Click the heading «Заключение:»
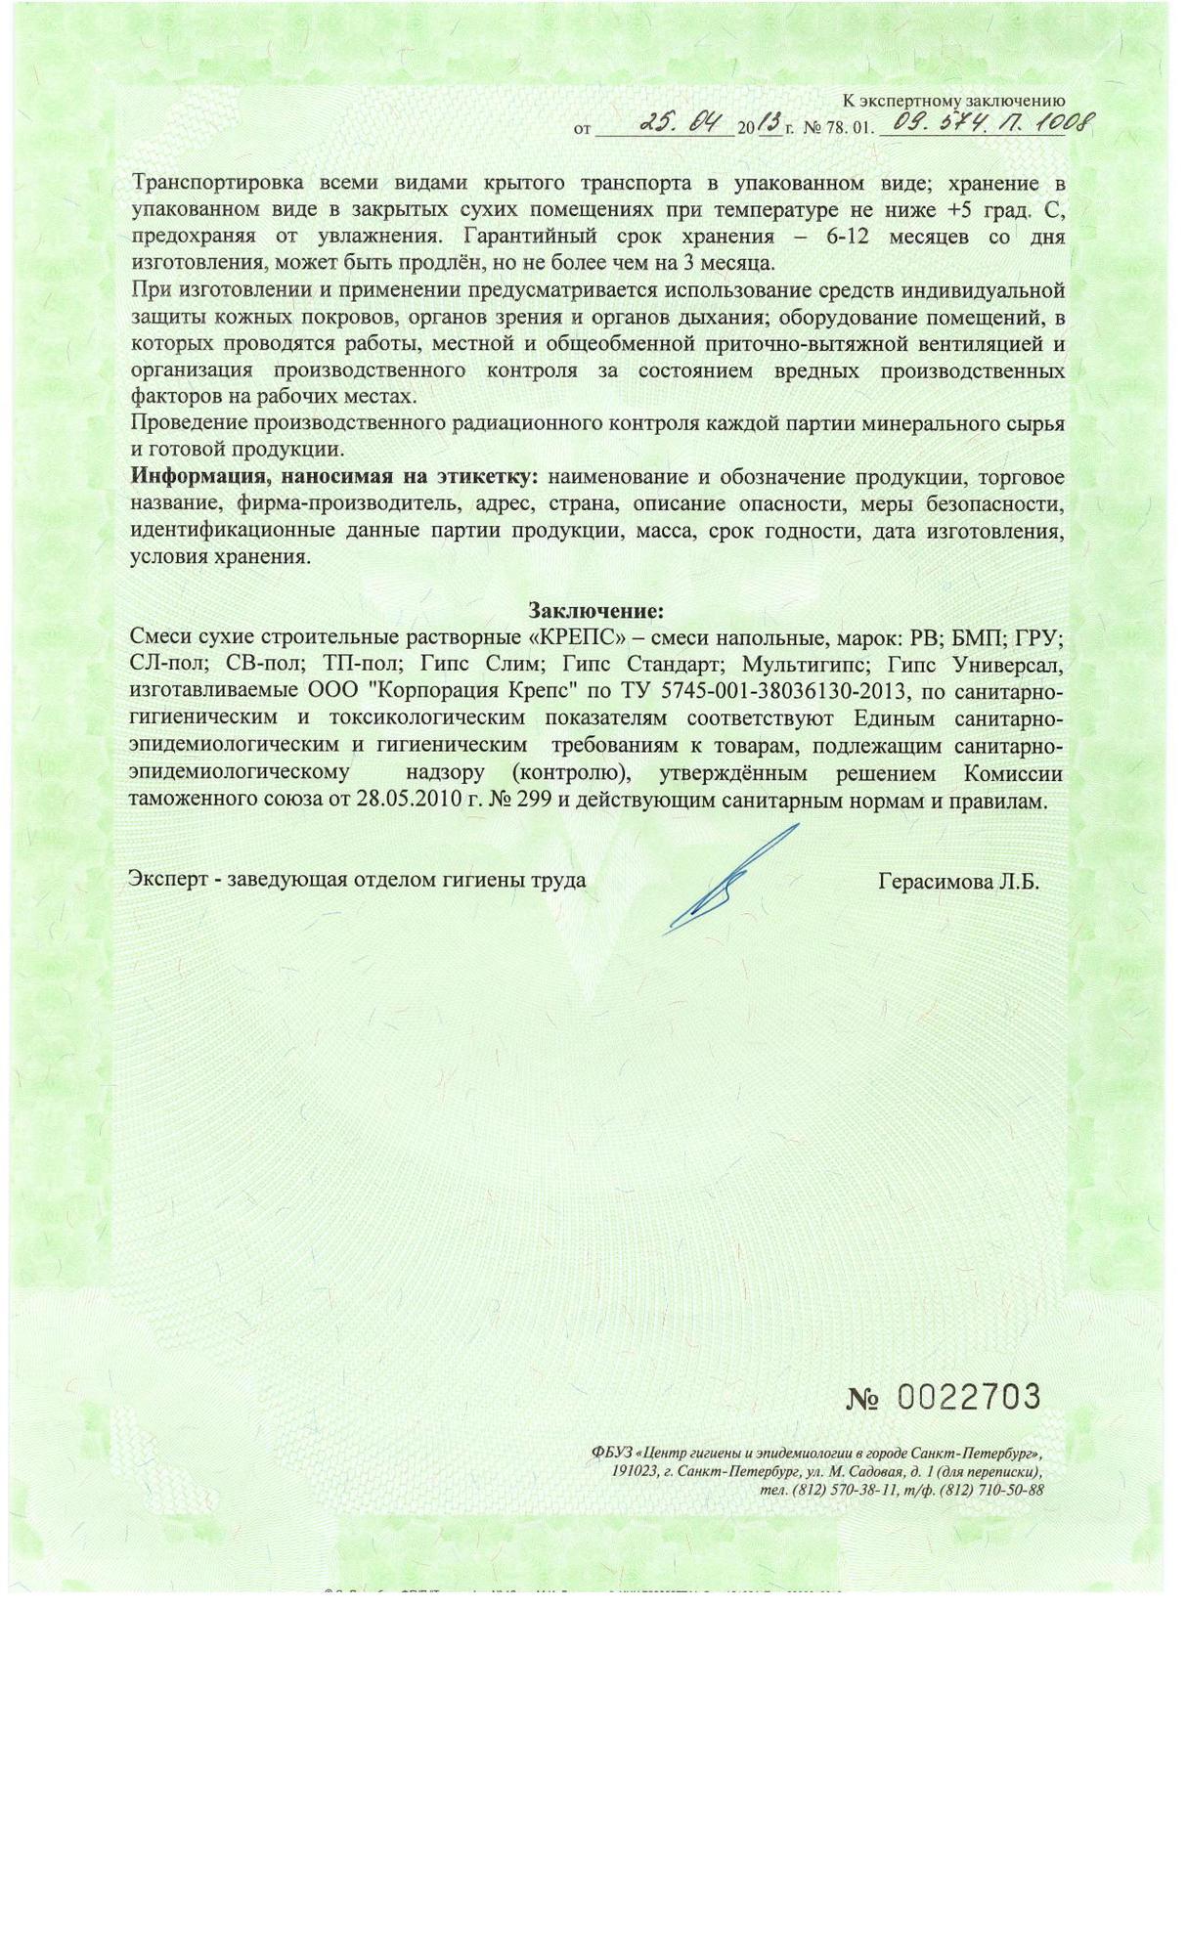pyautogui.click(x=595, y=611)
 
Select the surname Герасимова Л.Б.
pyautogui.click(x=958, y=882)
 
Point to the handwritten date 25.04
pyautogui.click(x=681, y=124)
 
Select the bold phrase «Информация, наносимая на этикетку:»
pyautogui.click(x=334, y=477)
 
